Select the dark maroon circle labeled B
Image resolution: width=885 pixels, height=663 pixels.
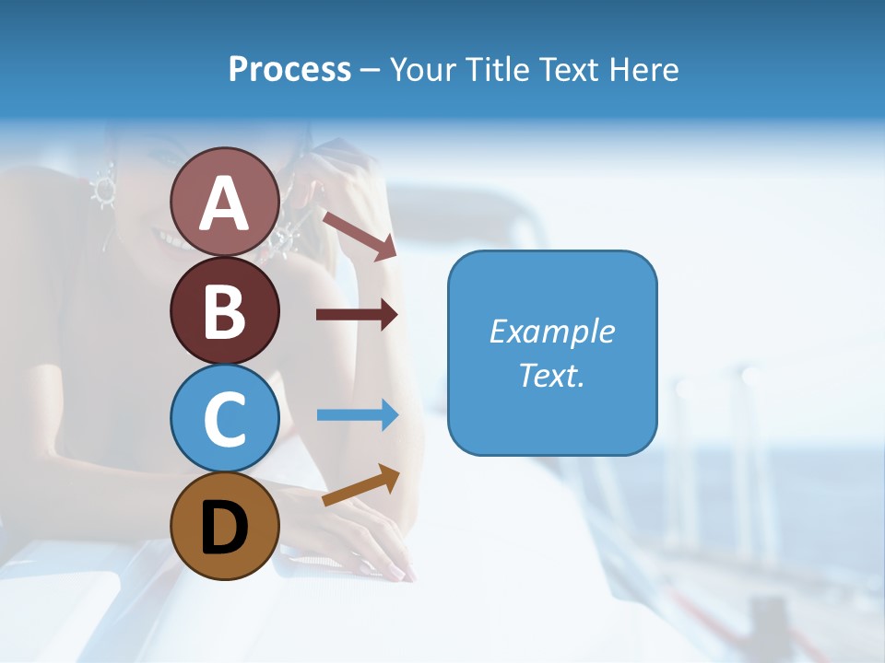pyautogui.click(x=224, y=310)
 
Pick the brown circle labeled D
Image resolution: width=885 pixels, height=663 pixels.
pyautogui.click(x=224, y=526)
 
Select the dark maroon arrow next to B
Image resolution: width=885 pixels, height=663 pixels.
pyautogui.click(x=356, y=315)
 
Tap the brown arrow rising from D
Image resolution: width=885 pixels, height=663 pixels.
pyautogui.click(x=360, y=485)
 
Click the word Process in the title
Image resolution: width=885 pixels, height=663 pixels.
pyautogui.click(x=289, y=69)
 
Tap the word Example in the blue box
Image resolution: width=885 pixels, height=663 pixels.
pyautogui.click(x=552, y=331)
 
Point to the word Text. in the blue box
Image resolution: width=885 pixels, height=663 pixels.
pyautogui.click(x=552, y=376)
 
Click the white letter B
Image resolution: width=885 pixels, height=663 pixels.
pyautogui.click(x=224, y=311)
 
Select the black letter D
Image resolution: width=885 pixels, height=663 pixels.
pyautogui.click(x=224, y=528)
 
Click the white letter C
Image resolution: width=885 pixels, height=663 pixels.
pyautogui.click(x=224, y=419)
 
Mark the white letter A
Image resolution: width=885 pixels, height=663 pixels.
pyautogui.click(x=224, y=203)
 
